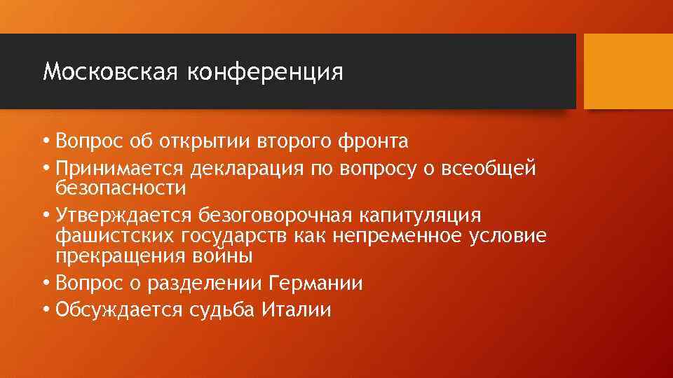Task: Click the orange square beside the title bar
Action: [628, 71]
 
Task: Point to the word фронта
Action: [372, 141]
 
